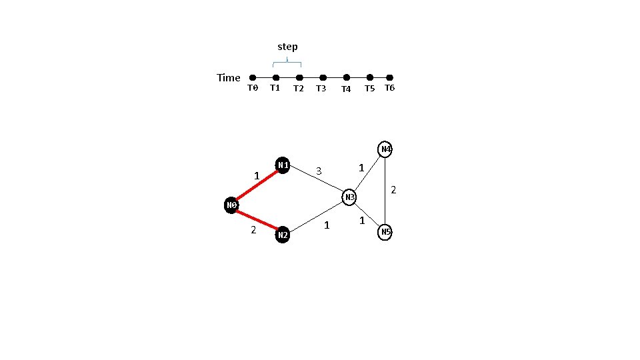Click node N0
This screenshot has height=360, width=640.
(231, 205)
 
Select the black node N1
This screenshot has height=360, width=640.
(283, 165)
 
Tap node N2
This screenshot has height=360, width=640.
(283, 235)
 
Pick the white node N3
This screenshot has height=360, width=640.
(349, 197)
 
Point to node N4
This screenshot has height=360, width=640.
(385, 149)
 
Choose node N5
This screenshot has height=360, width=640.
(385, 232)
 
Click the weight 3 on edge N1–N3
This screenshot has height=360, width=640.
(319, 171)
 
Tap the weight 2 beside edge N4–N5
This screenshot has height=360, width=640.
(393, 190)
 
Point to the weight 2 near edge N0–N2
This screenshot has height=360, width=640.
(253, 230)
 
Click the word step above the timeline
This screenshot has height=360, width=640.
(287, 47)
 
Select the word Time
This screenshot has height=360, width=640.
(229, 78)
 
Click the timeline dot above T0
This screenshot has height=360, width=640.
(253, 78)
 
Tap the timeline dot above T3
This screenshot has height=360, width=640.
(323, 78)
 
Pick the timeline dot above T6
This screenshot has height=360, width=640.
(390, 78)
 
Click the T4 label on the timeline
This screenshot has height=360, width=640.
(346, 89)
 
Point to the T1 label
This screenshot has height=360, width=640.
(275, 87)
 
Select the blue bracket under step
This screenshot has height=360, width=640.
(287, 63)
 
